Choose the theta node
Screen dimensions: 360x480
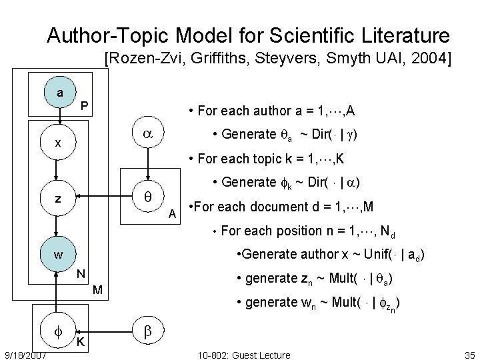coord(147,197)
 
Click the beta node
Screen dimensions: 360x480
coord(147,331)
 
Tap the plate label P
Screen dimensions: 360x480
coord(86,107)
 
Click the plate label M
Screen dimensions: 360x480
coord(97,289)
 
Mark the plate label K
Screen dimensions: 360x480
coord(79,343)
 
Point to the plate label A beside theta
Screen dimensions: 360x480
coord(173,214)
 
